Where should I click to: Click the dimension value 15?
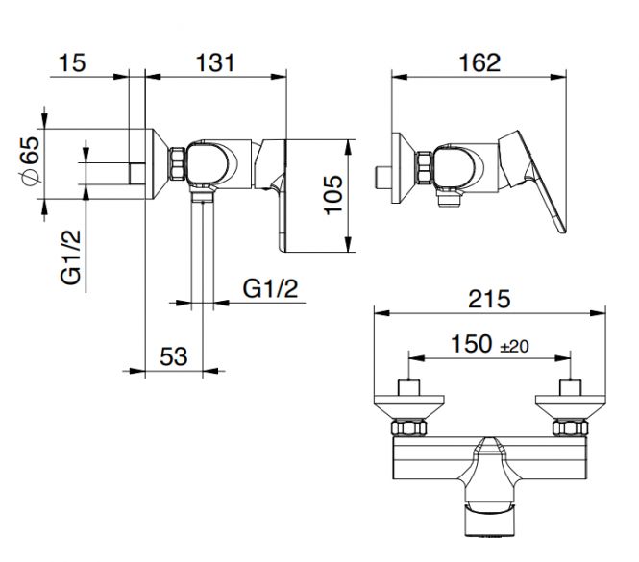(x=72, y=63)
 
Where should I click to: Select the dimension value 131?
(x=215, y=63)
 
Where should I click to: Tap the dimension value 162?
(x=479, y=63)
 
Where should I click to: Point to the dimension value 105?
(x=333, y=195)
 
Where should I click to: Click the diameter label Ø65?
(x=31, y=161)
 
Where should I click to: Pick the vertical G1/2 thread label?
(x=71, y=257)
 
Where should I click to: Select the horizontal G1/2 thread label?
(x=271, y=288)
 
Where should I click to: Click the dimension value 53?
(x=174, y=356)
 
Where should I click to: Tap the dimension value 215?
(x=489, y=299)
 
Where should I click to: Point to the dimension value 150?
(x=472, y=344)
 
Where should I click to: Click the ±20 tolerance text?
(x=514, y=347)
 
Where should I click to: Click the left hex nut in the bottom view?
(x=409, y=428)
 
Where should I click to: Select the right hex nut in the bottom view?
(x=570, y=428)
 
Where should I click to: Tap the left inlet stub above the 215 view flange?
(x=409, y=387)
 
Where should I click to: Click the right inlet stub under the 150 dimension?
(x=570, y=387)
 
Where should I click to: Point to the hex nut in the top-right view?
(x=424, y=167)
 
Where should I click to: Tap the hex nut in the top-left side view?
(x=177, y=163)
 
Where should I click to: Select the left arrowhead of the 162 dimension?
(x=400, y=77)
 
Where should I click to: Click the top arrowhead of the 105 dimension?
(x=348, y=148)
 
